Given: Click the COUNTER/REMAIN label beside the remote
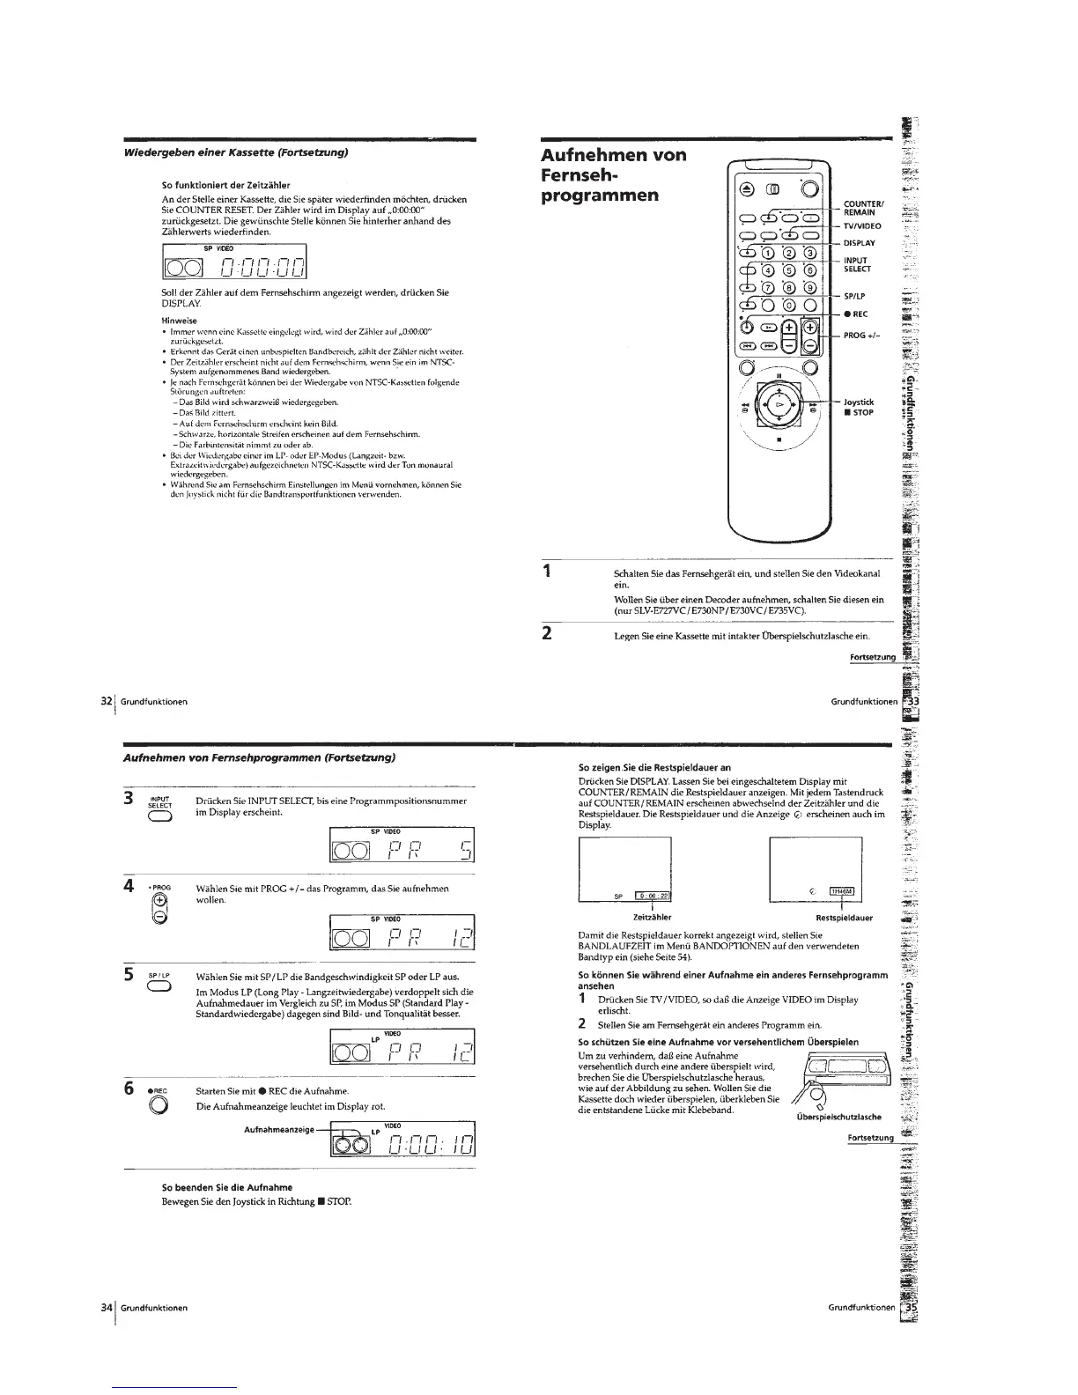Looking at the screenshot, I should point(859,206).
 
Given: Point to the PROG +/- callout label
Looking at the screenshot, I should point(859,335).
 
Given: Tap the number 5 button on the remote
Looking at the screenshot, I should point(791,270).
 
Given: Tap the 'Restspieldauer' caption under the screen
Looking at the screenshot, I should point(844,917).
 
